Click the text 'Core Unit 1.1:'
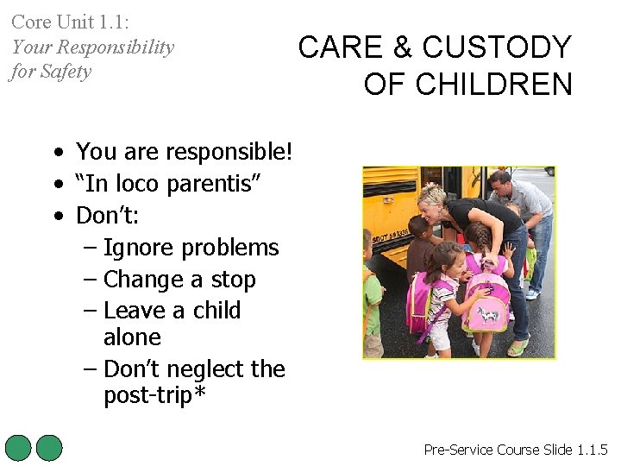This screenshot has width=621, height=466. [70, 22]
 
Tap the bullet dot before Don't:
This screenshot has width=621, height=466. [57, 215]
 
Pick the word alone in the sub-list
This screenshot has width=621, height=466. [132, 337]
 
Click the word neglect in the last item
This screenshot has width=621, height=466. [203, 368]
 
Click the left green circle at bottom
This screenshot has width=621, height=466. [18, 448]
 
